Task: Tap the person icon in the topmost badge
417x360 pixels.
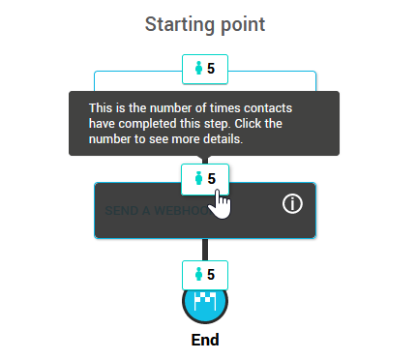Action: pyautogui.click(x=199, y=69)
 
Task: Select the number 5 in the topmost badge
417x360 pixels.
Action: pyautogui.click(x=211, y=69)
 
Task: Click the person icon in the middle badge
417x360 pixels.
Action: pyautogui.click(x=199, y=178)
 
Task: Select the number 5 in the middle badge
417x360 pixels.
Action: pyautogui.click(x=211, y=178)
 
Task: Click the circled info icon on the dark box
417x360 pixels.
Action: pyautogui.click(x=293, y=203)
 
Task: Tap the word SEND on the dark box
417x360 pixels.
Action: pyautogui.click(x=122, y=209)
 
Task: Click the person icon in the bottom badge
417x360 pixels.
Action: pyautogui.click(x=199, y=274)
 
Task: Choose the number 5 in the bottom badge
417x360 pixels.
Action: pyautogui.click(x=211, y=274)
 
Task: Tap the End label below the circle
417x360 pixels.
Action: pyautogui.click(x=205, y=340)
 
